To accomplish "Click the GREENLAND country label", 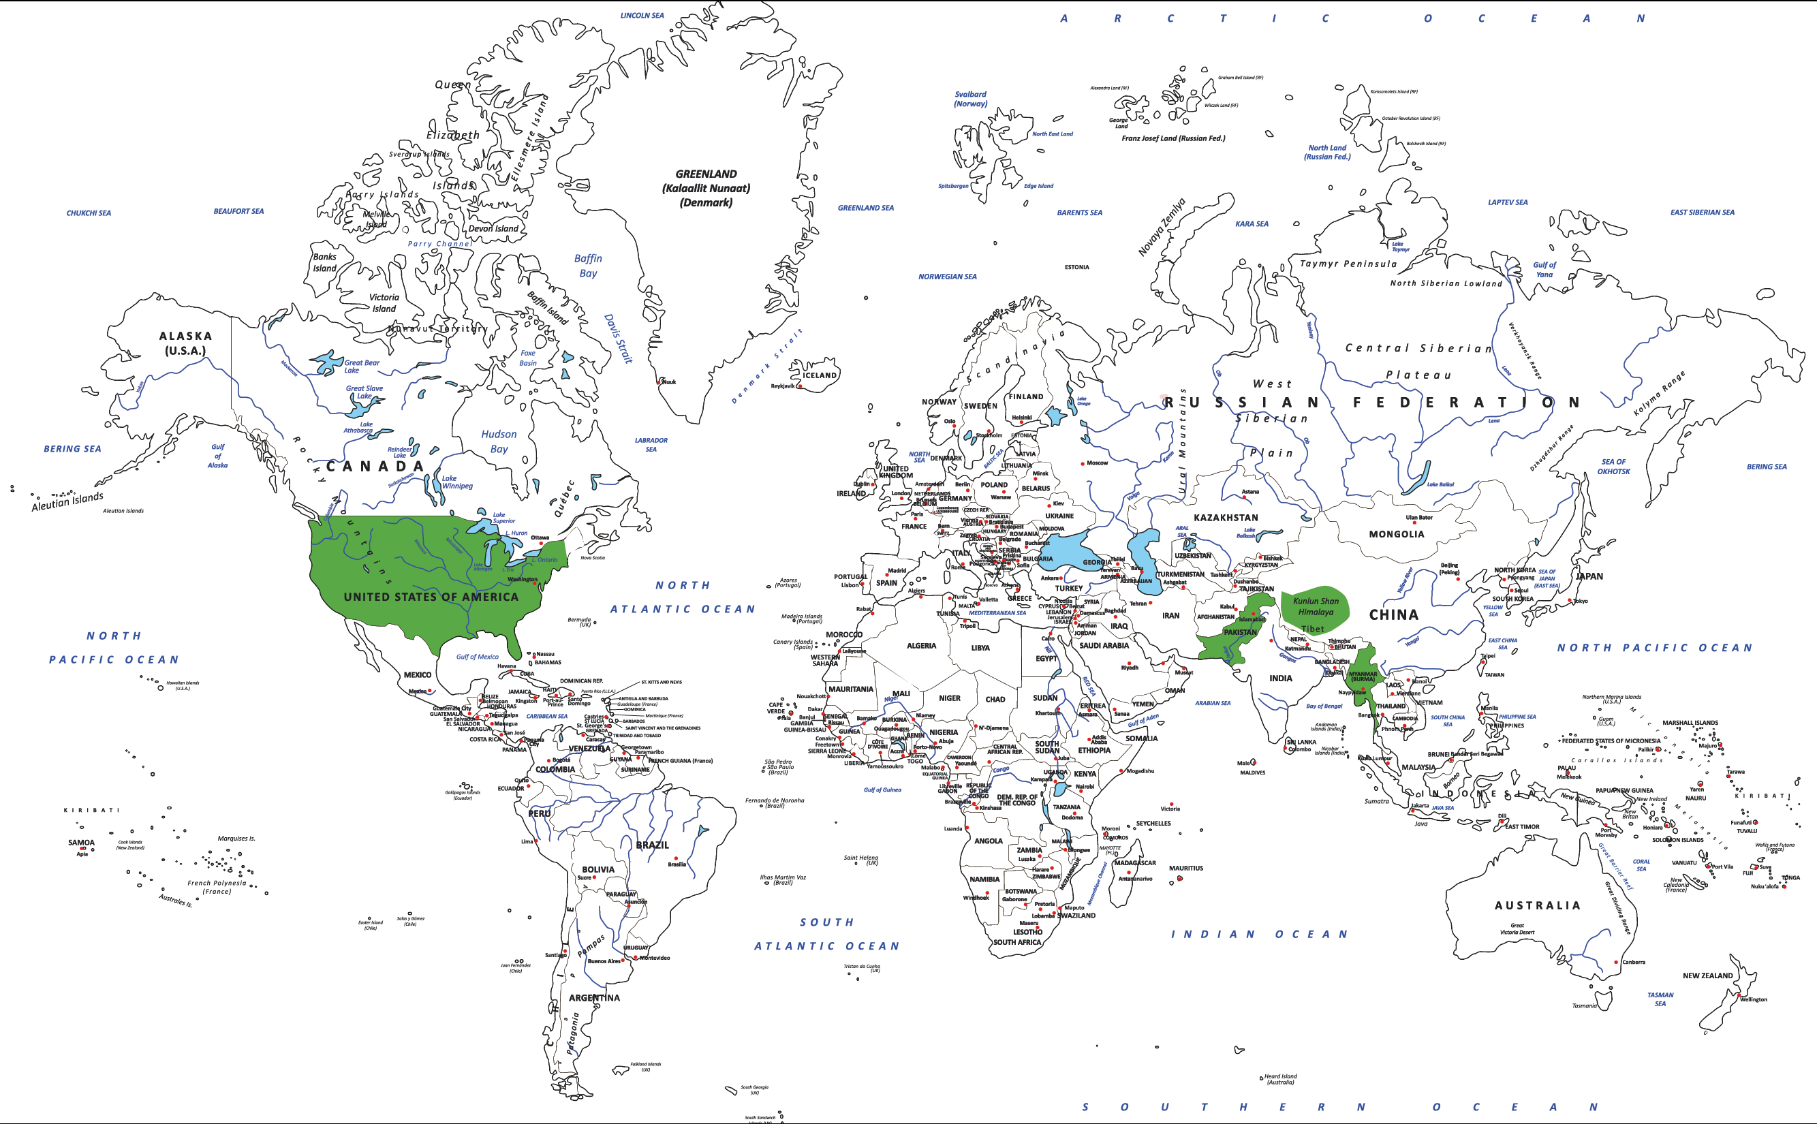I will tap(706, 174).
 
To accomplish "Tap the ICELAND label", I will tap(820, 375).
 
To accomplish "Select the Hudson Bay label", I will tap(498, 441).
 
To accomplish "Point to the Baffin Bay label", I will tap(587, 266).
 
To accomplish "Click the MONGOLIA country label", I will tap(1396, 534).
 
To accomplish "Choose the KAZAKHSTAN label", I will tap(1226, 518).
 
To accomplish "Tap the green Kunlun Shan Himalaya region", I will tap(1314, 606).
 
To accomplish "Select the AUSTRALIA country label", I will tap(1537, 905).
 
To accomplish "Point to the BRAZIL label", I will tap(652, 845).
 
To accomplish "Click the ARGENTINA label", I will tap(594, 997).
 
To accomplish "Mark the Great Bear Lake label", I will tap(361, 366).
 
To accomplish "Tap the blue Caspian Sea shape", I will tap(1147, 561).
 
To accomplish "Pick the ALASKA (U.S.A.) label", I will tap(185, 343).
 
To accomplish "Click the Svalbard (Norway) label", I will tap(970, 99).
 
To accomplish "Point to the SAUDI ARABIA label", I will tap(1103, 645).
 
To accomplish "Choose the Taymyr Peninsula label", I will tap(1348, 264).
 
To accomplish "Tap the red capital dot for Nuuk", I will tap(659, 381).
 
